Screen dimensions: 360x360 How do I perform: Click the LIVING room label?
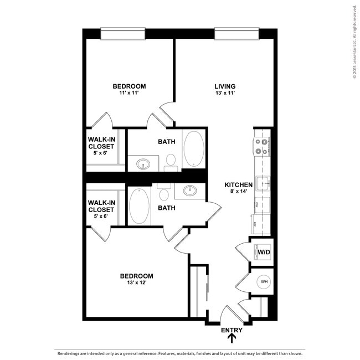click(x=225, y=86)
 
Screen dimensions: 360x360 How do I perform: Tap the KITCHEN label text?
click(x=239, y=184)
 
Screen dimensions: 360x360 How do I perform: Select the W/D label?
click(x=264, y=252)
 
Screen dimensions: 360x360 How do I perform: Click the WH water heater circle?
click(x=264, y=282)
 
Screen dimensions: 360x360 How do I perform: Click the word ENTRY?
click(x=232, y=330)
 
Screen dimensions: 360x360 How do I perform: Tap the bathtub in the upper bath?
click(x=193, y=148)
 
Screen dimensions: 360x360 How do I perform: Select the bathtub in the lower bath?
click(x=139, y=205)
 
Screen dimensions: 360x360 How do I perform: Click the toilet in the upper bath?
click(x=171, y=161)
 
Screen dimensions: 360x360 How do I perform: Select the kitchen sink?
click(x=263, y=182)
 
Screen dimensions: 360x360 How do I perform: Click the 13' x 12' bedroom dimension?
click(x=136, y=282)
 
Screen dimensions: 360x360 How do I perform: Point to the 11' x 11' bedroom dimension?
click(x=129, y=93)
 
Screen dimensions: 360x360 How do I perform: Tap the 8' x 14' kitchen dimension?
click(x=239, y=191)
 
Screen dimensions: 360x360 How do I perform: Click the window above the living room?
click(x=236, y=34)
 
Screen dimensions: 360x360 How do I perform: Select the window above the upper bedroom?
click(x=123, y=34)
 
